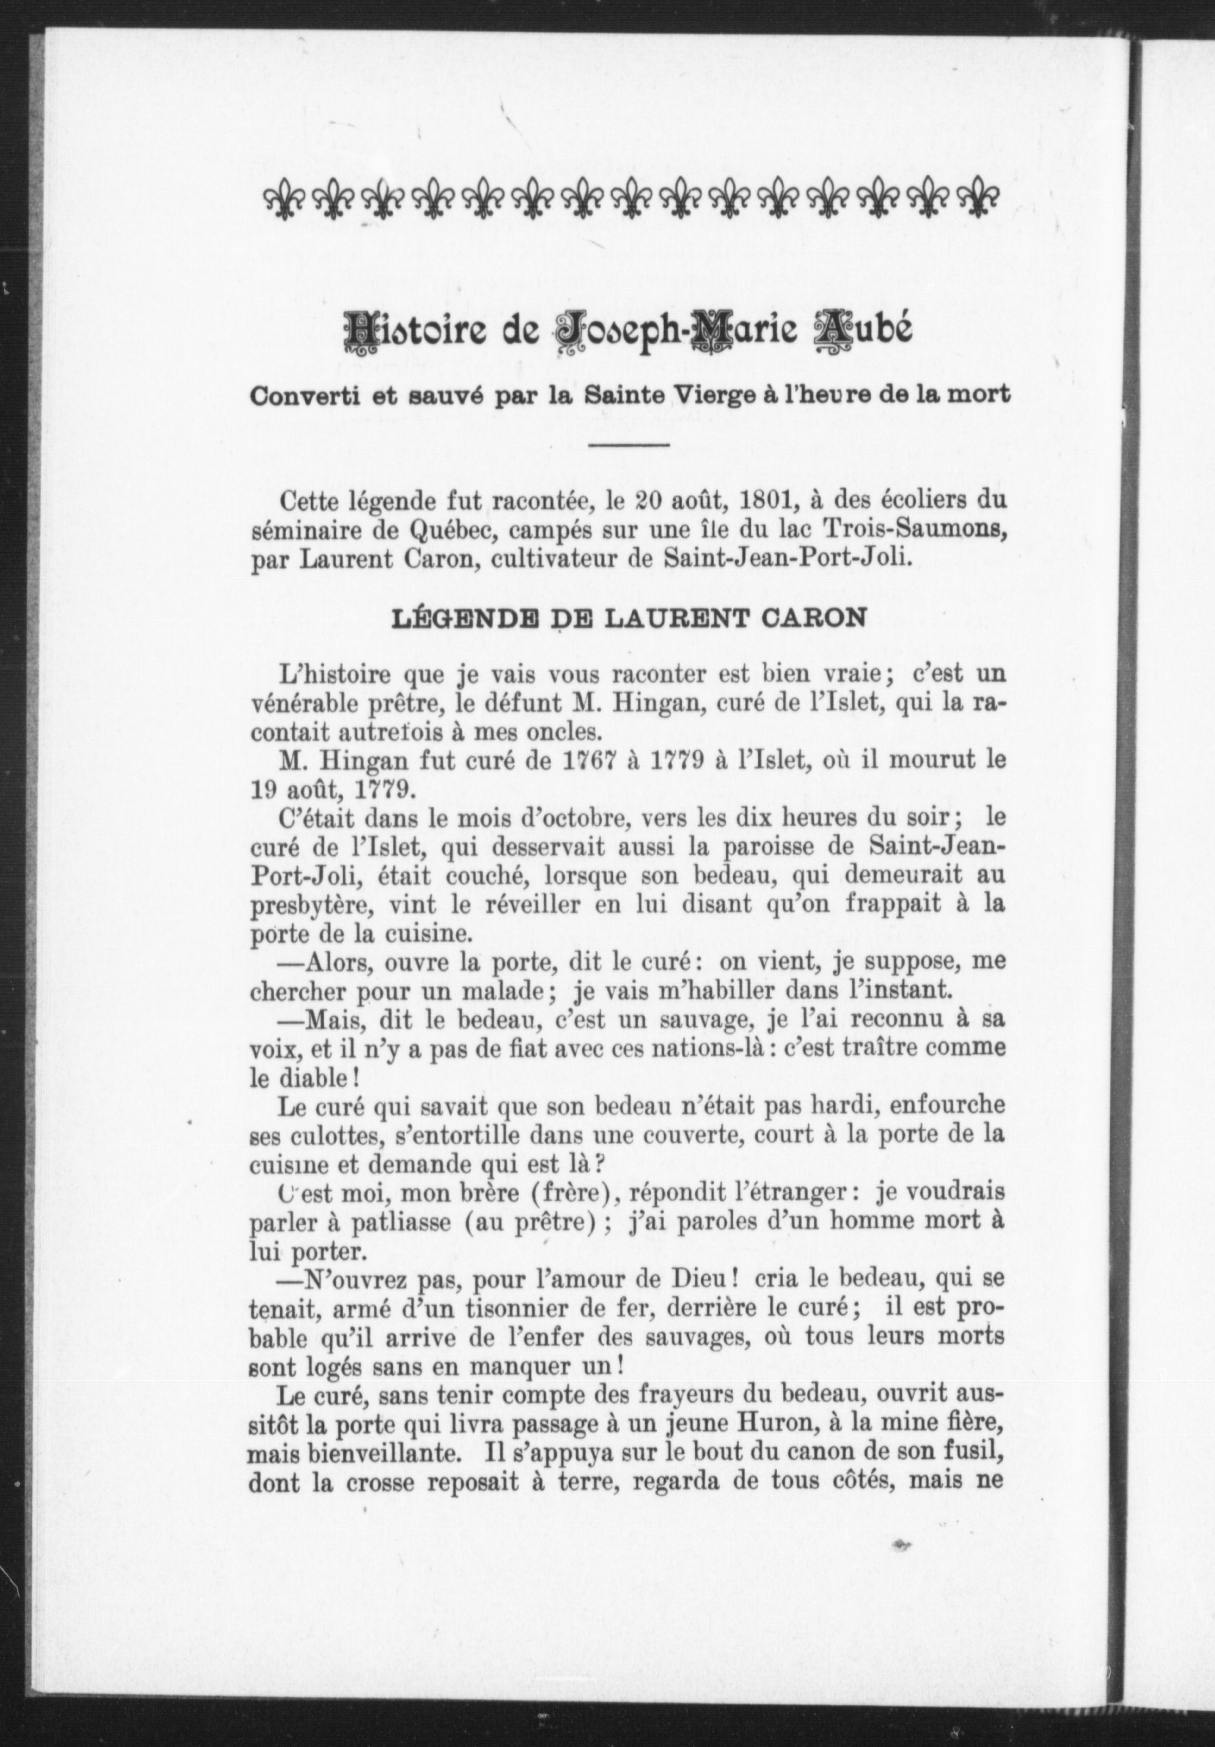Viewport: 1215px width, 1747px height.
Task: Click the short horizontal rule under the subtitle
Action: pos(629,444)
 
